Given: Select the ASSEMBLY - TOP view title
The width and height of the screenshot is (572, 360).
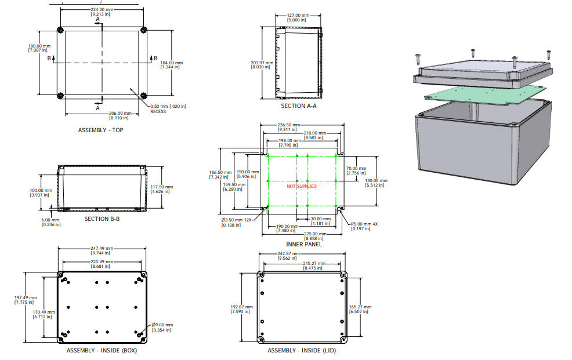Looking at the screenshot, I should coord(101,130).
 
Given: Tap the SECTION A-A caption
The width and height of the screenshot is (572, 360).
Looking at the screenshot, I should coord(299,106).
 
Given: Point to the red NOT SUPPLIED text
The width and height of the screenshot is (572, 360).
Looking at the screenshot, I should coord(302,186).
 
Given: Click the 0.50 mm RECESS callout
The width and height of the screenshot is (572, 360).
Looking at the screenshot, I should coord(162,106).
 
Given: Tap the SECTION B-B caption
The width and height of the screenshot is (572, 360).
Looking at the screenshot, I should coord(102,219).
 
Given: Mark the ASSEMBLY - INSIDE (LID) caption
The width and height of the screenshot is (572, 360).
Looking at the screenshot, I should coord(302,350).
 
